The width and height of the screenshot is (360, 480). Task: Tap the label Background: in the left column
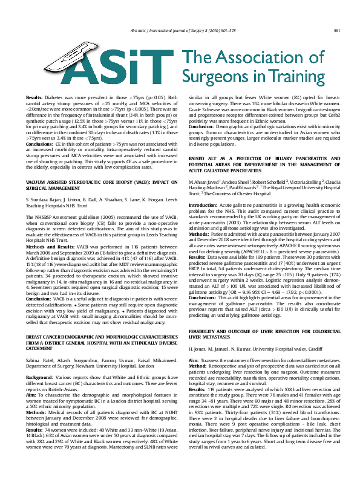pos(40,342)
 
